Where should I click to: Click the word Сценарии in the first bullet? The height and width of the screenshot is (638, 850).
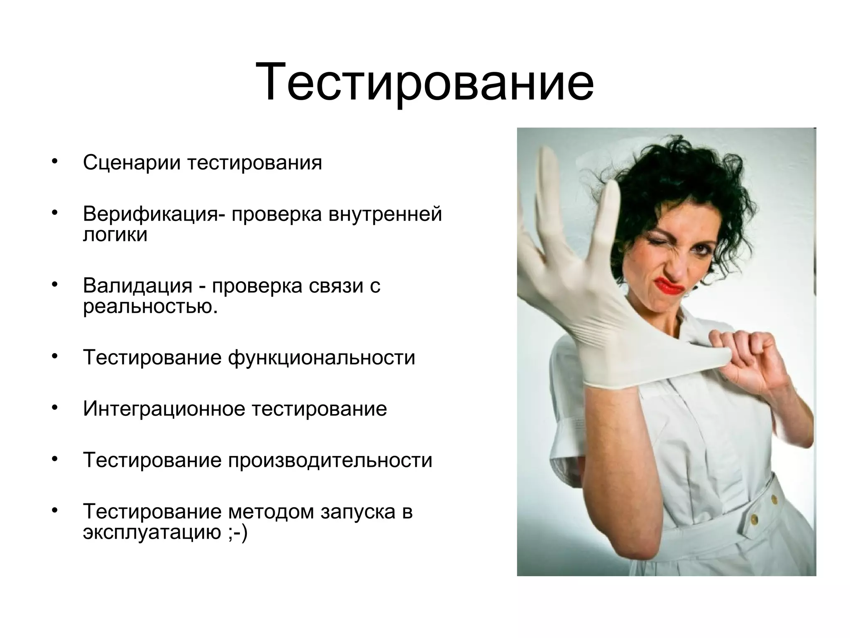132,162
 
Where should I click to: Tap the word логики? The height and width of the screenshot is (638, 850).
115,235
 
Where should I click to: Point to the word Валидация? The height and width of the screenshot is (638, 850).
137,286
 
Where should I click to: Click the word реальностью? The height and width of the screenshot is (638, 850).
150,307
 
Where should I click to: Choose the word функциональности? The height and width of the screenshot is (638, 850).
321,357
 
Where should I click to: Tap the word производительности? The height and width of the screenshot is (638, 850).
330,460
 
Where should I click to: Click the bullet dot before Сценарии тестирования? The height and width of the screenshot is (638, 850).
54,161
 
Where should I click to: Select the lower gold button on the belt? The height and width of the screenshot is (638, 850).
753,518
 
